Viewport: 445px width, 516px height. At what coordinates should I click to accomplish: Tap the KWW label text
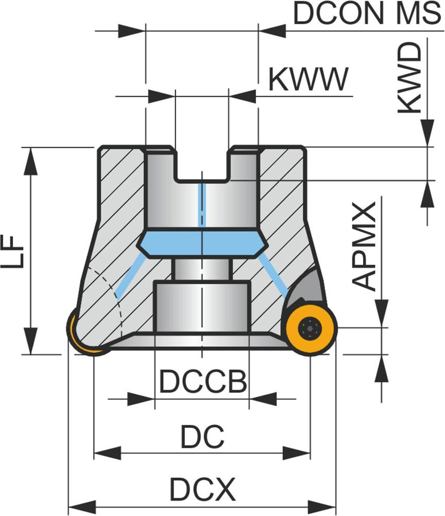[308, 80]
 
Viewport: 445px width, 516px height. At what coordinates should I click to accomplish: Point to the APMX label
[367, 246]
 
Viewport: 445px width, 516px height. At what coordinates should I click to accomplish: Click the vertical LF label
[11, 251]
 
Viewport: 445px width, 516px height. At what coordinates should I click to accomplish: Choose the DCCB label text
[202, 382]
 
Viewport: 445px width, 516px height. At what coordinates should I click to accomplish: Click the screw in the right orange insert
[310, 328]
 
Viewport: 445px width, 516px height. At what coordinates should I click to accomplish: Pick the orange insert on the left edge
[77, 338]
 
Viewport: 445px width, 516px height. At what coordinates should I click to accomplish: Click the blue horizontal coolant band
[202, 242]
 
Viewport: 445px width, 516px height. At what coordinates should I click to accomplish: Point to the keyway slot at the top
[201, 163]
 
